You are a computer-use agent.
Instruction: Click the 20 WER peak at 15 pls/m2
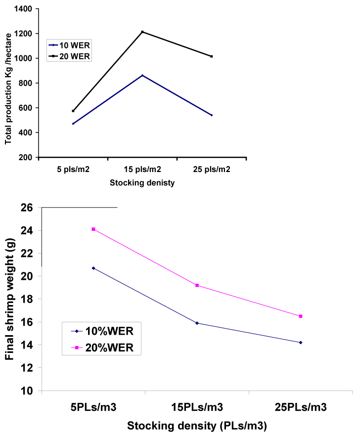(x=142, y=32)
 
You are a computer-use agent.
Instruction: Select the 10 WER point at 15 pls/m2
(x=142, y=75)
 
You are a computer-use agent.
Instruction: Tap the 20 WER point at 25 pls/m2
(x=212, y=56)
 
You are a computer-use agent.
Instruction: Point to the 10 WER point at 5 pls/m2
(x=73, y=124)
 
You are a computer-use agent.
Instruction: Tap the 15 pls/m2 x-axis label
(x=142, y=169)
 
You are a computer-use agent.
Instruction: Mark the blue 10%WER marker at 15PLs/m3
(x=197, y=323)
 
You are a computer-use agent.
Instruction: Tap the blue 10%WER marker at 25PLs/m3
(x=301, y=343)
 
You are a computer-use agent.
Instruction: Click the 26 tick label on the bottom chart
(x=27, y=208)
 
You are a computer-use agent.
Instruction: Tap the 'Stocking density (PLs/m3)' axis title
(x=197, y=425)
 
